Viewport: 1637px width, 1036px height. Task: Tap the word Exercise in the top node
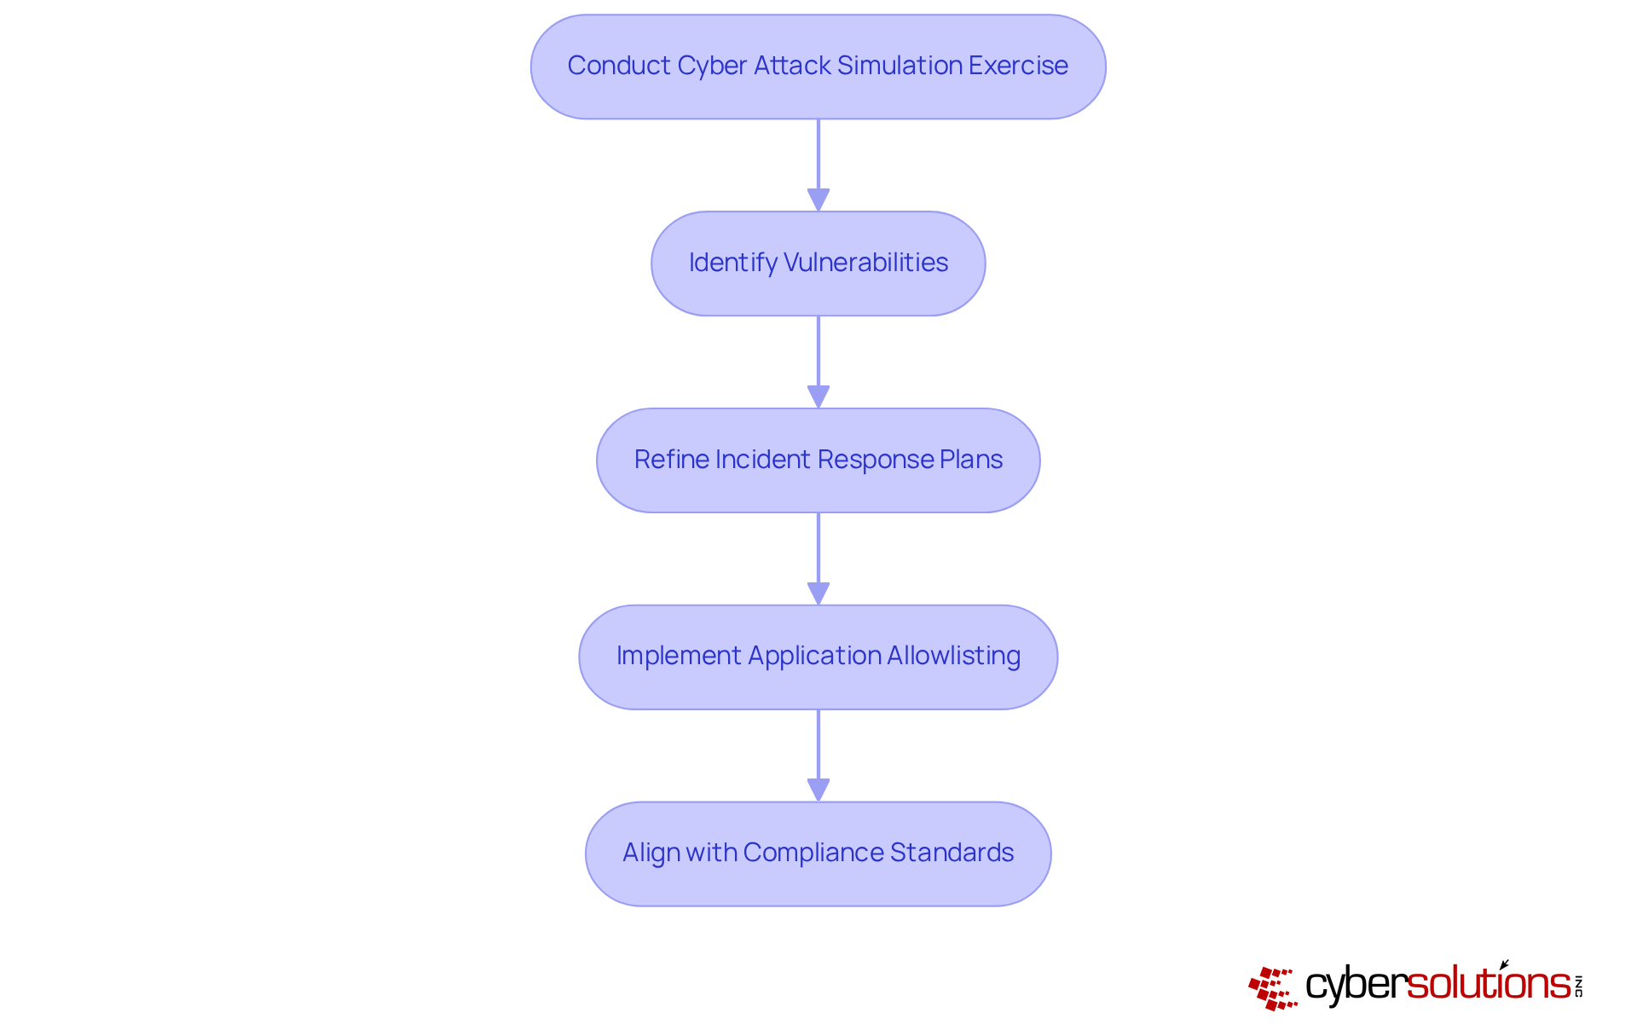[1018, 66]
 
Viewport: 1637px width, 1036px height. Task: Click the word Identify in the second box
[732, 263]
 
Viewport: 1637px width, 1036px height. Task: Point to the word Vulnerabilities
[865, 263]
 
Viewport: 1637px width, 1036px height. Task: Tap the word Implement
[679, 656]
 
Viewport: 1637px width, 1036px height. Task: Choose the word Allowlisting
[953, 656]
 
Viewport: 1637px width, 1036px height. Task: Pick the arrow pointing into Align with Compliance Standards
[818, 755]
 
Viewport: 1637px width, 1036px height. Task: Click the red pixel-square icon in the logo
[1272, 988]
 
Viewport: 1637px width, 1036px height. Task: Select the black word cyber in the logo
[1355, 985]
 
